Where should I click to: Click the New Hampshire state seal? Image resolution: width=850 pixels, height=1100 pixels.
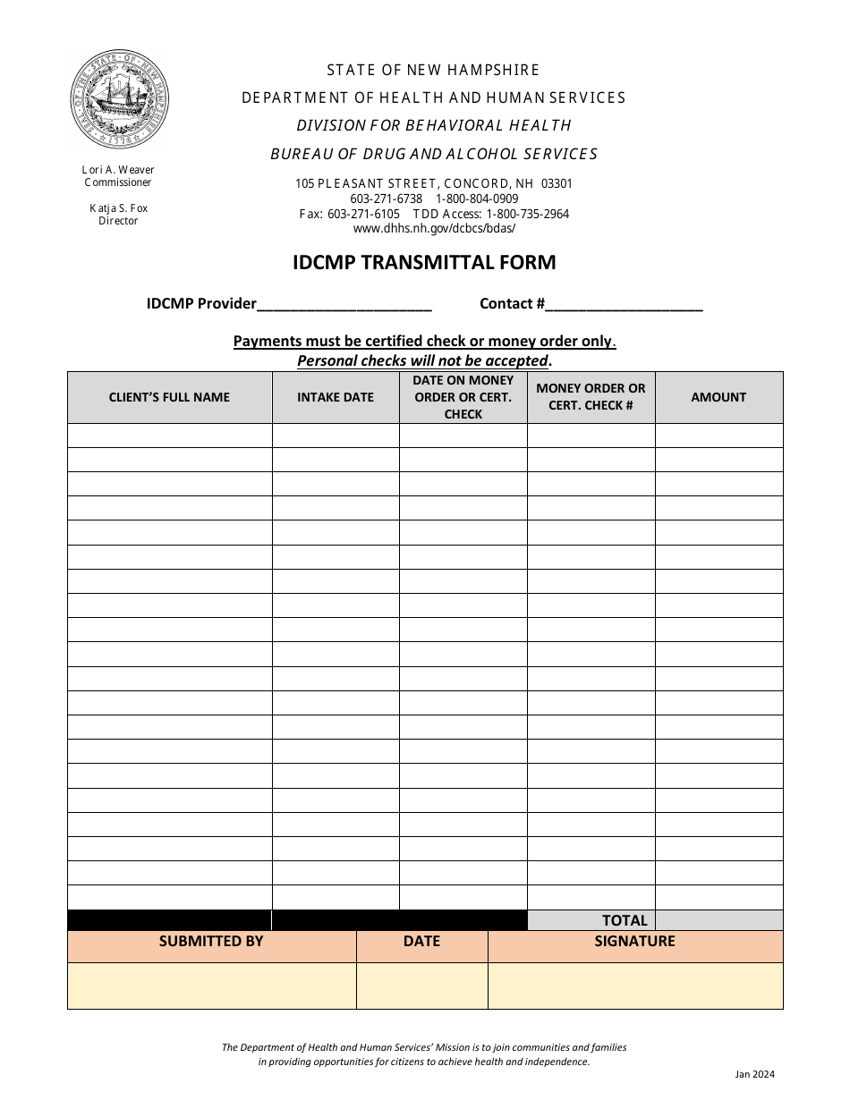click(119, 99)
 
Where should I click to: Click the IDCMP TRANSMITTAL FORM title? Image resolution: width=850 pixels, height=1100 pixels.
click(424, 262)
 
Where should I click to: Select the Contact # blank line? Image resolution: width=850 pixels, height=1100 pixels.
click(624, 305)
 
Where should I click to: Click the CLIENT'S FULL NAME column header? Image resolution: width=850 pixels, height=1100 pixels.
click(169, 397)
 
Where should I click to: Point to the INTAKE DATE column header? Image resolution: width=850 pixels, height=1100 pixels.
click(336, 397)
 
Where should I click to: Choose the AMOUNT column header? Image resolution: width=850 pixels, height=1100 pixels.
click(718, 397)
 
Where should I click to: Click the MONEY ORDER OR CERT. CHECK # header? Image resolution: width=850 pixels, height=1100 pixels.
click(591, 397)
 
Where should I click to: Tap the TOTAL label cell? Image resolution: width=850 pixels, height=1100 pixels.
click(624, 920)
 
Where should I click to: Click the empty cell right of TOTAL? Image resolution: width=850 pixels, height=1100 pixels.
click(718, 920)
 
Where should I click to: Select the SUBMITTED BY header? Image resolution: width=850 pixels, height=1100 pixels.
click(211, 942)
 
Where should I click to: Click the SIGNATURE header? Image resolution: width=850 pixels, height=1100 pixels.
click(634, 942)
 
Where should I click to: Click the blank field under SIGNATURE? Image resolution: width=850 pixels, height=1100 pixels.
click(634, 986)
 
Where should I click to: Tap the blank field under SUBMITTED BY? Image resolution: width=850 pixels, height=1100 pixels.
click(211, 986)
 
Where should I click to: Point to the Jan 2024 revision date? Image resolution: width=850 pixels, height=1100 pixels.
click(754, 1075)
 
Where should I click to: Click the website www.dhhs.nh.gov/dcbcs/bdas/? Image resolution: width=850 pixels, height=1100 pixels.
click(434, 228)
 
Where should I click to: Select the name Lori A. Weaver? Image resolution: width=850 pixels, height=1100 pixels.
click(118, 170)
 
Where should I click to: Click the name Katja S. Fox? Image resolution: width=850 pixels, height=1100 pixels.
click(118, 208)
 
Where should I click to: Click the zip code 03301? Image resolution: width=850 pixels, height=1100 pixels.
click(557, 183)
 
